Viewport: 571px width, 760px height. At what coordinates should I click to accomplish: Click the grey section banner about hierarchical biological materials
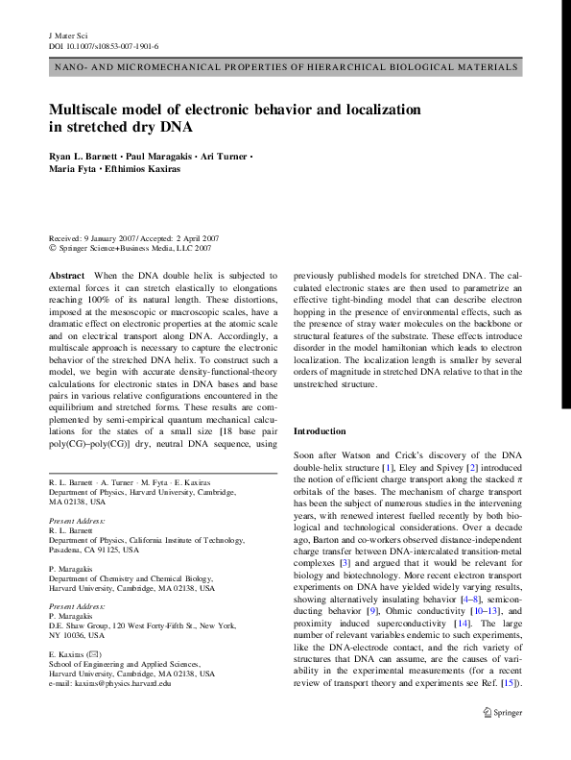pyautogui.click(x=285, y=68)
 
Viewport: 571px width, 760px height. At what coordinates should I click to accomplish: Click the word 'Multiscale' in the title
pyautogui.click(x=90, y=110)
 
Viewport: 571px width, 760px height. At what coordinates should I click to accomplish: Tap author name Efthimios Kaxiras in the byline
pyautogui.click(x=162, y=170)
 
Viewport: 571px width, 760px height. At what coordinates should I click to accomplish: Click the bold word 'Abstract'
pyautogui.click(x=66, y=275)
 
